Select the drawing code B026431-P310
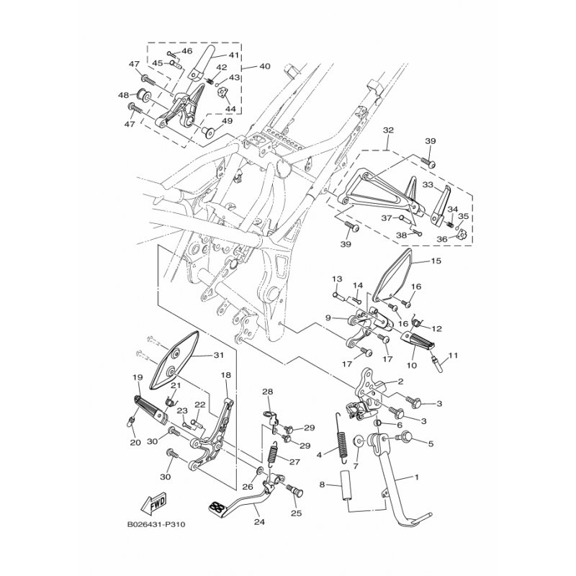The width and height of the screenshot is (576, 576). (156, 524)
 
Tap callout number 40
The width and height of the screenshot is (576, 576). (264, 66)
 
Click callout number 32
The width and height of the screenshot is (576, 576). (388, 130)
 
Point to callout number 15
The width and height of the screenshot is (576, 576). (436, 261)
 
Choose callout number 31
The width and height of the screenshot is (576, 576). (219, 355)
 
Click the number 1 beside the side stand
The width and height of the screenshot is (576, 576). (416, 477)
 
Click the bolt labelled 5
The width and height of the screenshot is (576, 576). (404, 438)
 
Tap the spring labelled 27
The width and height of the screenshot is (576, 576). (273, 454)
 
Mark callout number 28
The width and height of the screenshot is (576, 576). (267, 392)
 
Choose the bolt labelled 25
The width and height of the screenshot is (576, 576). (294, 490)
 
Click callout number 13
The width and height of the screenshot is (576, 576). (337, 279)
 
